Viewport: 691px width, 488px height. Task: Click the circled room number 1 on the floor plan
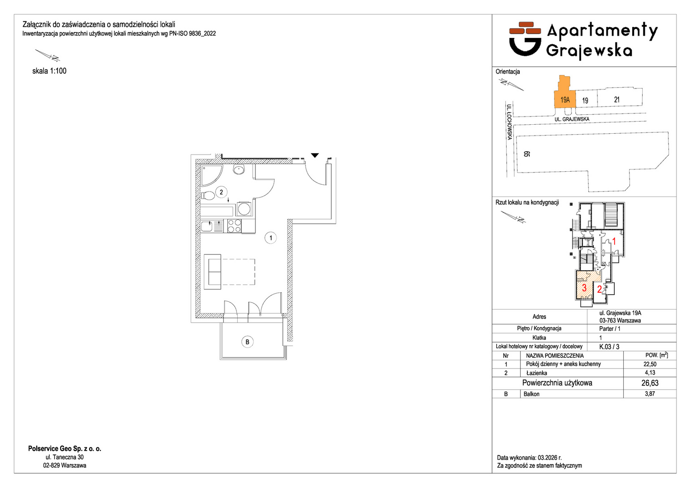click(x=271, y=238)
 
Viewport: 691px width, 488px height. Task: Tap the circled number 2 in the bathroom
click(x=221, y=192)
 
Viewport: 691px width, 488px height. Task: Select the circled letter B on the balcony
click(x=247, y=342)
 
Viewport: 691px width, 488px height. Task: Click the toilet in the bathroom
click(x=208, y=196)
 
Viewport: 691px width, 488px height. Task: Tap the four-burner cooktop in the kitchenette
click(x=234, y=225)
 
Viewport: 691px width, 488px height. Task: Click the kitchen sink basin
click(x=207, y=226)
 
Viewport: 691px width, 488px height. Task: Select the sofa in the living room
click(x=212, y=272)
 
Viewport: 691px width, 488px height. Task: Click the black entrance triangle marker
click(x=315, y=155)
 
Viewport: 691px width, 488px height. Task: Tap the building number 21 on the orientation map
click(x=616, y=100)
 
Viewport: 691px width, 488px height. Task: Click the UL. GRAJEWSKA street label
click(x=572, y=119)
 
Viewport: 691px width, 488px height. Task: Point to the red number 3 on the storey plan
click(x=584, y=288)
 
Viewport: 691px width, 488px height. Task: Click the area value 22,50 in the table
click(x=650, y=364)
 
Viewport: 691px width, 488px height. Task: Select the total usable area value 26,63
click(x=650, y=383)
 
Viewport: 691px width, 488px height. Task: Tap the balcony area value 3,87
click(x=650, y=394)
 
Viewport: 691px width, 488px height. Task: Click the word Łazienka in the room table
click(x=537, y=373)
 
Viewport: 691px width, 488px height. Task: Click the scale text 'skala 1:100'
click(x=49, y=71)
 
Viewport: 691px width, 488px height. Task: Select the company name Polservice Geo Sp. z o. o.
click(x=65, y=449)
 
